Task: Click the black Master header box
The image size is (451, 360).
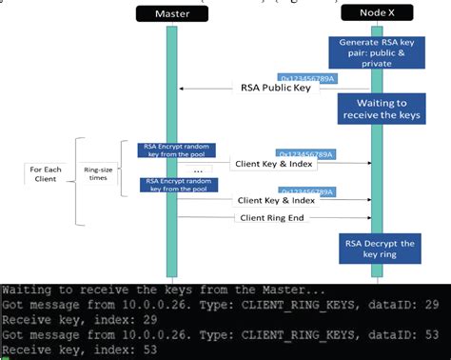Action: click(170, 13)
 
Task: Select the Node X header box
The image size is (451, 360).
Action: click(378, 13)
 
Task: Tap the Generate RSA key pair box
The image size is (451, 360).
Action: click(380, 50)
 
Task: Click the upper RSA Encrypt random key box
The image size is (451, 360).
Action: click(177, 151)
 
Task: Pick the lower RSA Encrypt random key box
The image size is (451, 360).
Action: click(177, 185)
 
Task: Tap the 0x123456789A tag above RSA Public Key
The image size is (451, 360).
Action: click(306, 77)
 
